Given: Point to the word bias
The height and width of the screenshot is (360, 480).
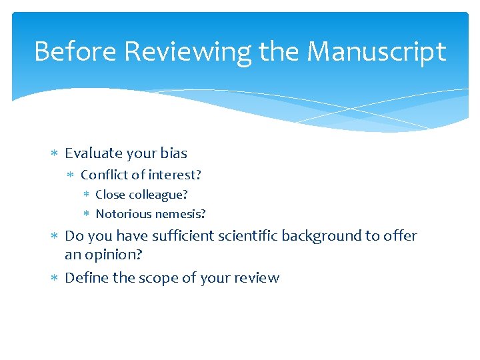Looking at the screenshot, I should [173, 153].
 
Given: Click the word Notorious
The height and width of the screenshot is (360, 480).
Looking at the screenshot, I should [123, 214].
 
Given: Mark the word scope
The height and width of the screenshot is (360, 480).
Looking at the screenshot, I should [154, 278].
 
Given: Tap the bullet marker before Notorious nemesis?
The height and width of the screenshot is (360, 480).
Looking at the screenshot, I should [86, 214].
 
